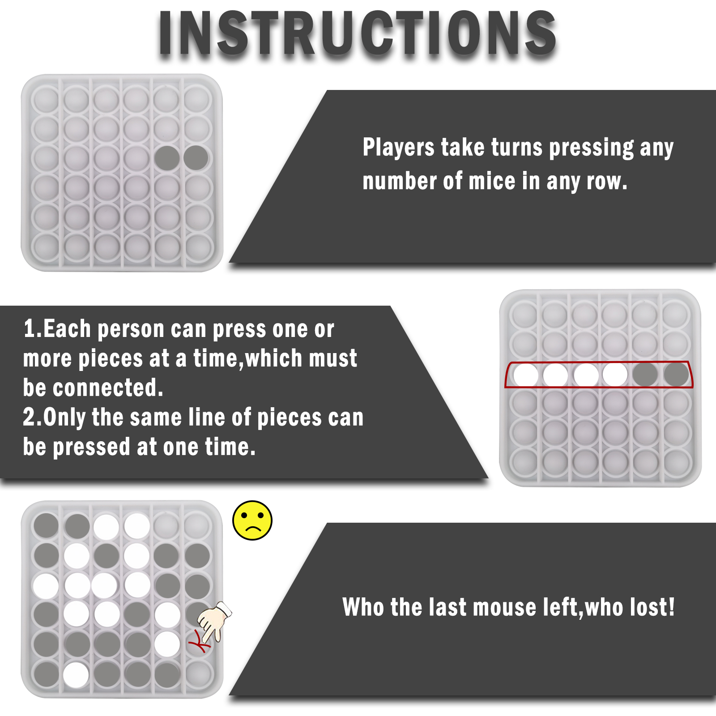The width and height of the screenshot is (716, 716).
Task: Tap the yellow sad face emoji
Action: coord(252,520)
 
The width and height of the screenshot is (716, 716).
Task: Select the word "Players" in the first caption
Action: coord(398,148)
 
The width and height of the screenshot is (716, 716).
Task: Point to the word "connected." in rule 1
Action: coord(108,388)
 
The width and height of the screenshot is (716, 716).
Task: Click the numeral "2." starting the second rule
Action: coord(33,417)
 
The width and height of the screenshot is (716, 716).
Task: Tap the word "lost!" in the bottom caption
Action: coord(652,607)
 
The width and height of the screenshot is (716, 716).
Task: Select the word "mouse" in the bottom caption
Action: coord(505,608)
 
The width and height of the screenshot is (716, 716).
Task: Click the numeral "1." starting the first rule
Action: coord(33,329)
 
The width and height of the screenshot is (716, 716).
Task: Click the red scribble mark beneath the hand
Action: coord(200,643)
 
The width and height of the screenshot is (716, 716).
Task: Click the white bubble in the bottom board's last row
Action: coord(76,674)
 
